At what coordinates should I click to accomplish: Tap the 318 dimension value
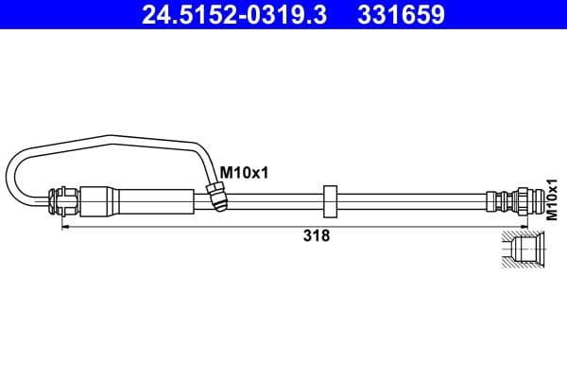[317, 237]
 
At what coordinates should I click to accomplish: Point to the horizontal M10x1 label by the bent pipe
[244, 172]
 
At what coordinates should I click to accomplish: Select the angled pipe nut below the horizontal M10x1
[216, 198]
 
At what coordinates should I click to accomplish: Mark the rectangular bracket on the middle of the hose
[330, 200]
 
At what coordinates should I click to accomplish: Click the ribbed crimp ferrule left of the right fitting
[492, 200]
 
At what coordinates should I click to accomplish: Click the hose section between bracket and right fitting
[411, 200]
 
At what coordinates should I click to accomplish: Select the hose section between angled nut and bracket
[274, 200]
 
